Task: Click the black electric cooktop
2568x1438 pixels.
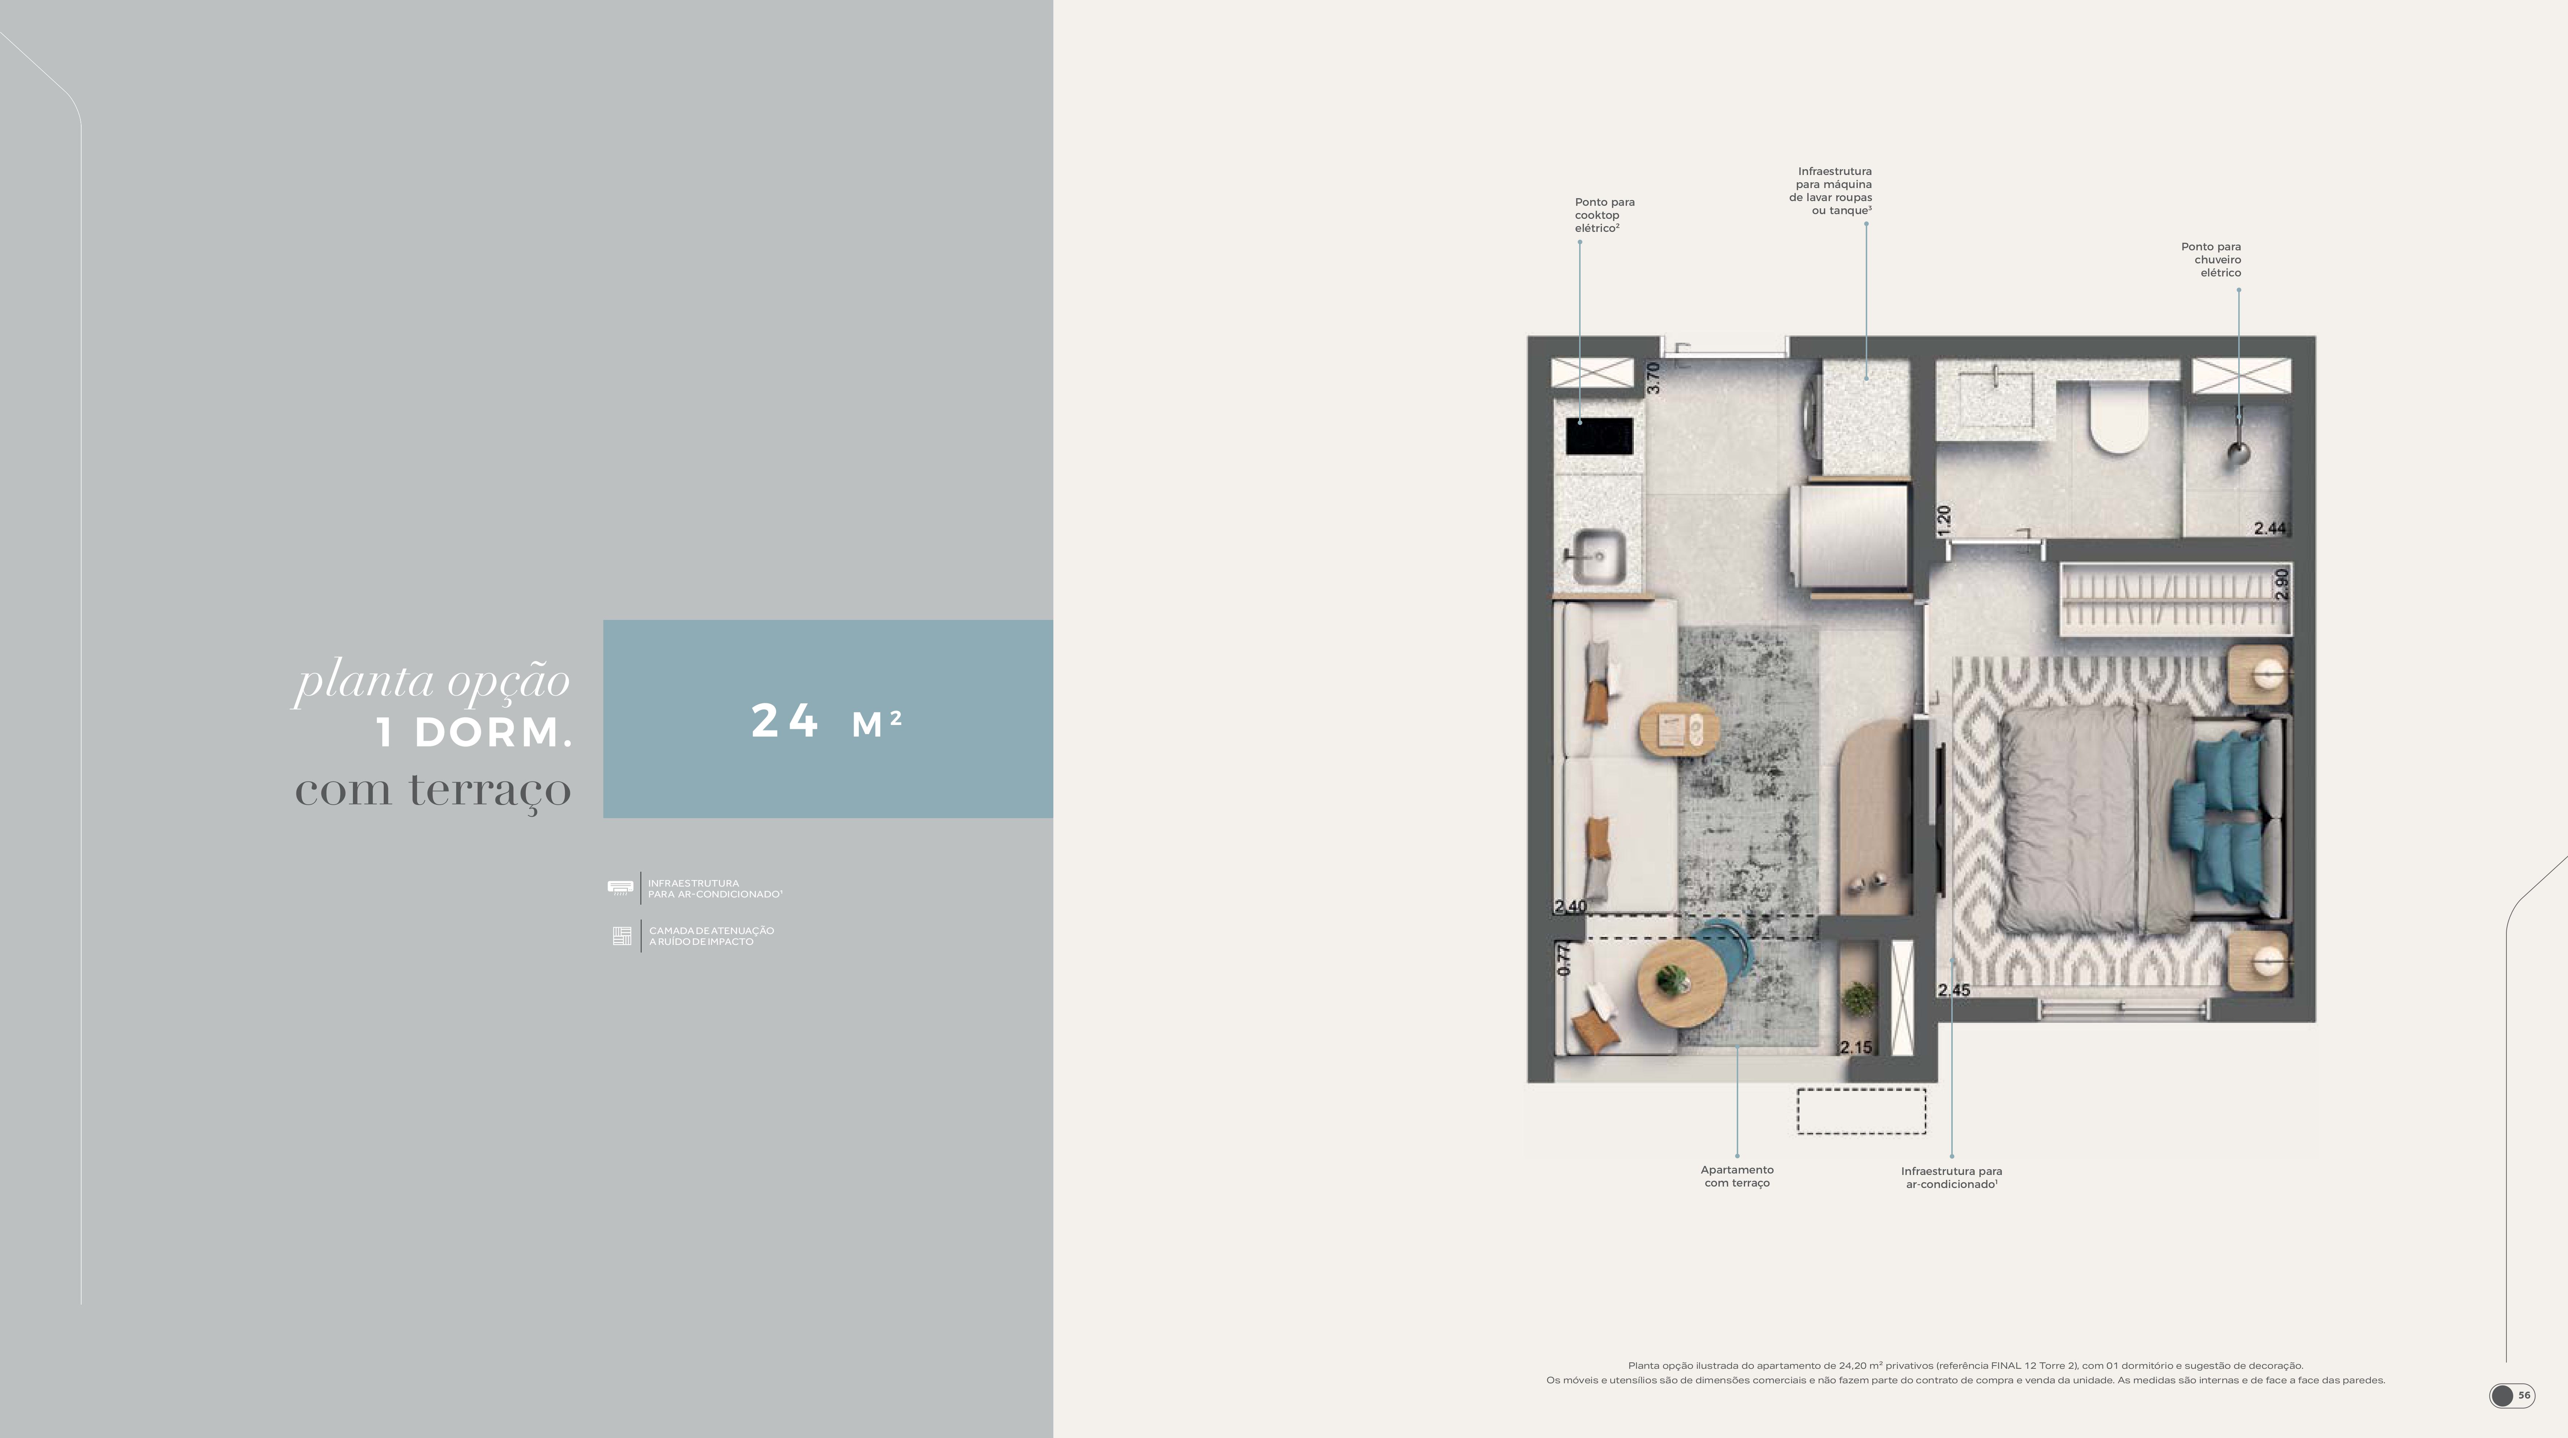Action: pyautogui.click(x=1599, y=435)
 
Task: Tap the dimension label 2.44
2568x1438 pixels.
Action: pyautogui.click(x=2270, y=528)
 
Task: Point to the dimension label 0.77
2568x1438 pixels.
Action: pyautogui.click(x=1564, y=959)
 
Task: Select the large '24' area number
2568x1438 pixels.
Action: pyautogui.click(x=784, y=721)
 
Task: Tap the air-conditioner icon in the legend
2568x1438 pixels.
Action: pyautogui.click(x=620, y=887)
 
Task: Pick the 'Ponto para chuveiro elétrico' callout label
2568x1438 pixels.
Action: pyautogui.click(x=2211, y=259)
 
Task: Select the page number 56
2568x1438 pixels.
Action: pyautogui.click(x=2524, y=1395)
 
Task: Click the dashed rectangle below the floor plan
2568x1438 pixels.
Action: pyautogui.click(x=1861, y=1111)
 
